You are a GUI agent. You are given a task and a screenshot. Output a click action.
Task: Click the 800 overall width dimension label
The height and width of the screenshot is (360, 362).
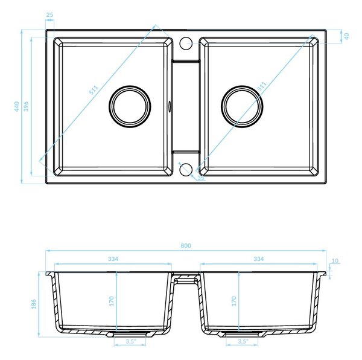186,245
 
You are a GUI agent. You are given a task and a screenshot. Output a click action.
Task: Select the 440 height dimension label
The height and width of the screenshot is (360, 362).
17,106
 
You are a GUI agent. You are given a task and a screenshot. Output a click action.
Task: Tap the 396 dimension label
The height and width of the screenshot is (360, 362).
27,106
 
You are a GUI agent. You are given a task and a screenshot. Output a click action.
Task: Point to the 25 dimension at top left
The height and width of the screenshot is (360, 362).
49,14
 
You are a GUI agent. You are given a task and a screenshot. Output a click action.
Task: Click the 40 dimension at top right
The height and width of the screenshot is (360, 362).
346,36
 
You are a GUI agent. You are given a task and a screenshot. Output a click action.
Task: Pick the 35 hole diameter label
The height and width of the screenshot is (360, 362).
200,178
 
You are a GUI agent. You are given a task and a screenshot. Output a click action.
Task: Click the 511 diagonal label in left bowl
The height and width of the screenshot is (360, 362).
94,90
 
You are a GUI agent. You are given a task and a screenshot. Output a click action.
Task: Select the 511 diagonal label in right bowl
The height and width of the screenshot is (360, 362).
262,86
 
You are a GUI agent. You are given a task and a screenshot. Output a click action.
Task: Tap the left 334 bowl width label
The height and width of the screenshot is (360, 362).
113,259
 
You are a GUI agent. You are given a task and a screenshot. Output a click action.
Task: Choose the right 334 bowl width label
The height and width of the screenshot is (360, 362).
258,259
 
